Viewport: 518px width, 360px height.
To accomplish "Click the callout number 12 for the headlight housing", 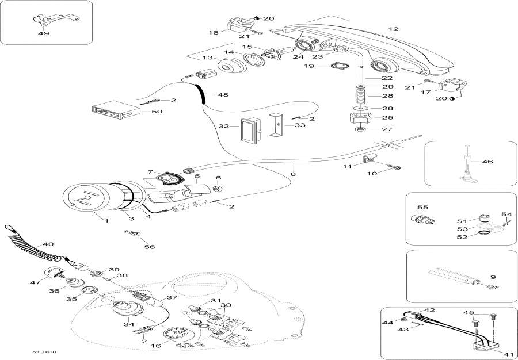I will click(x=394, y=29).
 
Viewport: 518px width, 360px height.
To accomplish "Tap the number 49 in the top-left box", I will click(x=43, y=33).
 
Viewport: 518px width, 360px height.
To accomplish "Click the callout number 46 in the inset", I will click(x=487, y=163).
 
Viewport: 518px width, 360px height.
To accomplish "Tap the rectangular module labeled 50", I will click(x=113, y=112).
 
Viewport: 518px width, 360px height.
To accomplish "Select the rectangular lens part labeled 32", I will click(x=249, y=130).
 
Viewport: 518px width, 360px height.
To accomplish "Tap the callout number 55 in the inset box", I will click(x=423, y=206).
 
